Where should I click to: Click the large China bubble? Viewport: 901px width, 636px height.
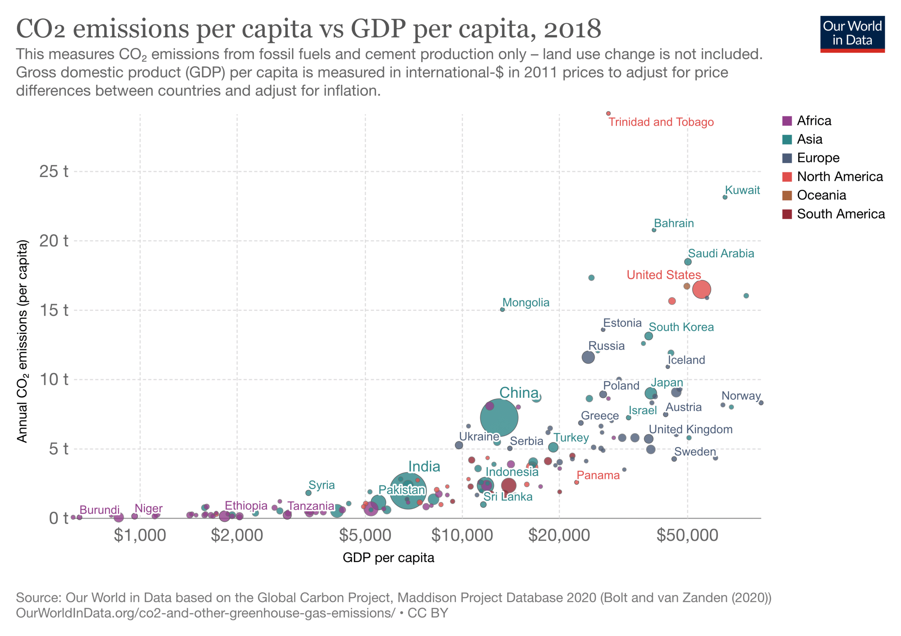(499, 418)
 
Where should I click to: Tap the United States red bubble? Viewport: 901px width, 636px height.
(701, 289)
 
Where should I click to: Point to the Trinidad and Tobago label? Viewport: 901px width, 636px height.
(661, 122)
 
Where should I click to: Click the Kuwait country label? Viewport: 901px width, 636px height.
(742, 190)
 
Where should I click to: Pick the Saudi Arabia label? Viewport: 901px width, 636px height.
(721, 253)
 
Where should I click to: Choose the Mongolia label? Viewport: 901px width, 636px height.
(526, 302)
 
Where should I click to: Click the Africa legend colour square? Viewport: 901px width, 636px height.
(787, 121)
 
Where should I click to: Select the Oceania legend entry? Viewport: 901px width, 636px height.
(821, 195)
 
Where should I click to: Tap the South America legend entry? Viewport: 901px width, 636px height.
(840, 214)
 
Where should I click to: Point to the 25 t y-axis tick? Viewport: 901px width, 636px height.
(54, 171)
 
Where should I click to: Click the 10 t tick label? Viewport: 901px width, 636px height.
(54, 379)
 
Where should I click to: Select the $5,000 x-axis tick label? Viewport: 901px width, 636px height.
(365, 535)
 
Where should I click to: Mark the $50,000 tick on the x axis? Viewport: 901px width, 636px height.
(687, 535)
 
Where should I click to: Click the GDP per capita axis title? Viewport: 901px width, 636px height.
(388, 558)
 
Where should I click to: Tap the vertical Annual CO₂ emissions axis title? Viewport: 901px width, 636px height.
(23, 341)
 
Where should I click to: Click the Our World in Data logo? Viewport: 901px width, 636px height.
(852, 34)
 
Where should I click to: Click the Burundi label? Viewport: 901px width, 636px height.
(99, 510)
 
